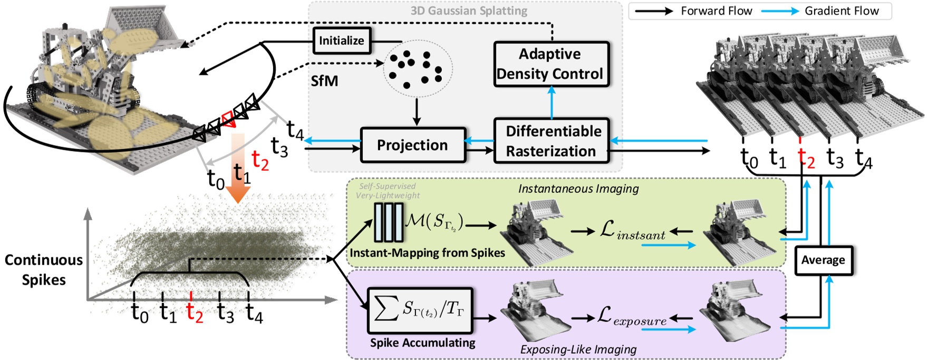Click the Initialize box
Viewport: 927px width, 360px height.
click(x=342, y=41)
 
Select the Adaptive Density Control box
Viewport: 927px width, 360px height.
click(x=551, y=64)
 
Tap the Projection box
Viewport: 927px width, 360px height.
click(x=413, y=145)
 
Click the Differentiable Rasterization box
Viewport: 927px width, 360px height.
click(x=552, y=141)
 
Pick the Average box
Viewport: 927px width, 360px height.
click(x=823, y=260)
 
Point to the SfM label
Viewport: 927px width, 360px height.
click(x=324, y=81)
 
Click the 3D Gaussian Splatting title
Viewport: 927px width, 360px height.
click(x=469, y=11)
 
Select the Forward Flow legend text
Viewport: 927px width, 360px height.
click(x=716, y=11)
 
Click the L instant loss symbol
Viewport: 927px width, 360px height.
click(x=632, y=230)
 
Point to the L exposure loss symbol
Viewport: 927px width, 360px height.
click(x=632, y=317)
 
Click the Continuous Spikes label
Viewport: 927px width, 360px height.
click(x=44, y=269)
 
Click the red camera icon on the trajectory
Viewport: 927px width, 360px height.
click(x=228, y=119)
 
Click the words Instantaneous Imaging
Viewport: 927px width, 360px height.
click(x=578, y=189)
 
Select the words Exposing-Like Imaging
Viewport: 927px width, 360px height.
click(x=578, y=349)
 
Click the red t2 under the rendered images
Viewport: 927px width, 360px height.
click(x=805, y=158)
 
